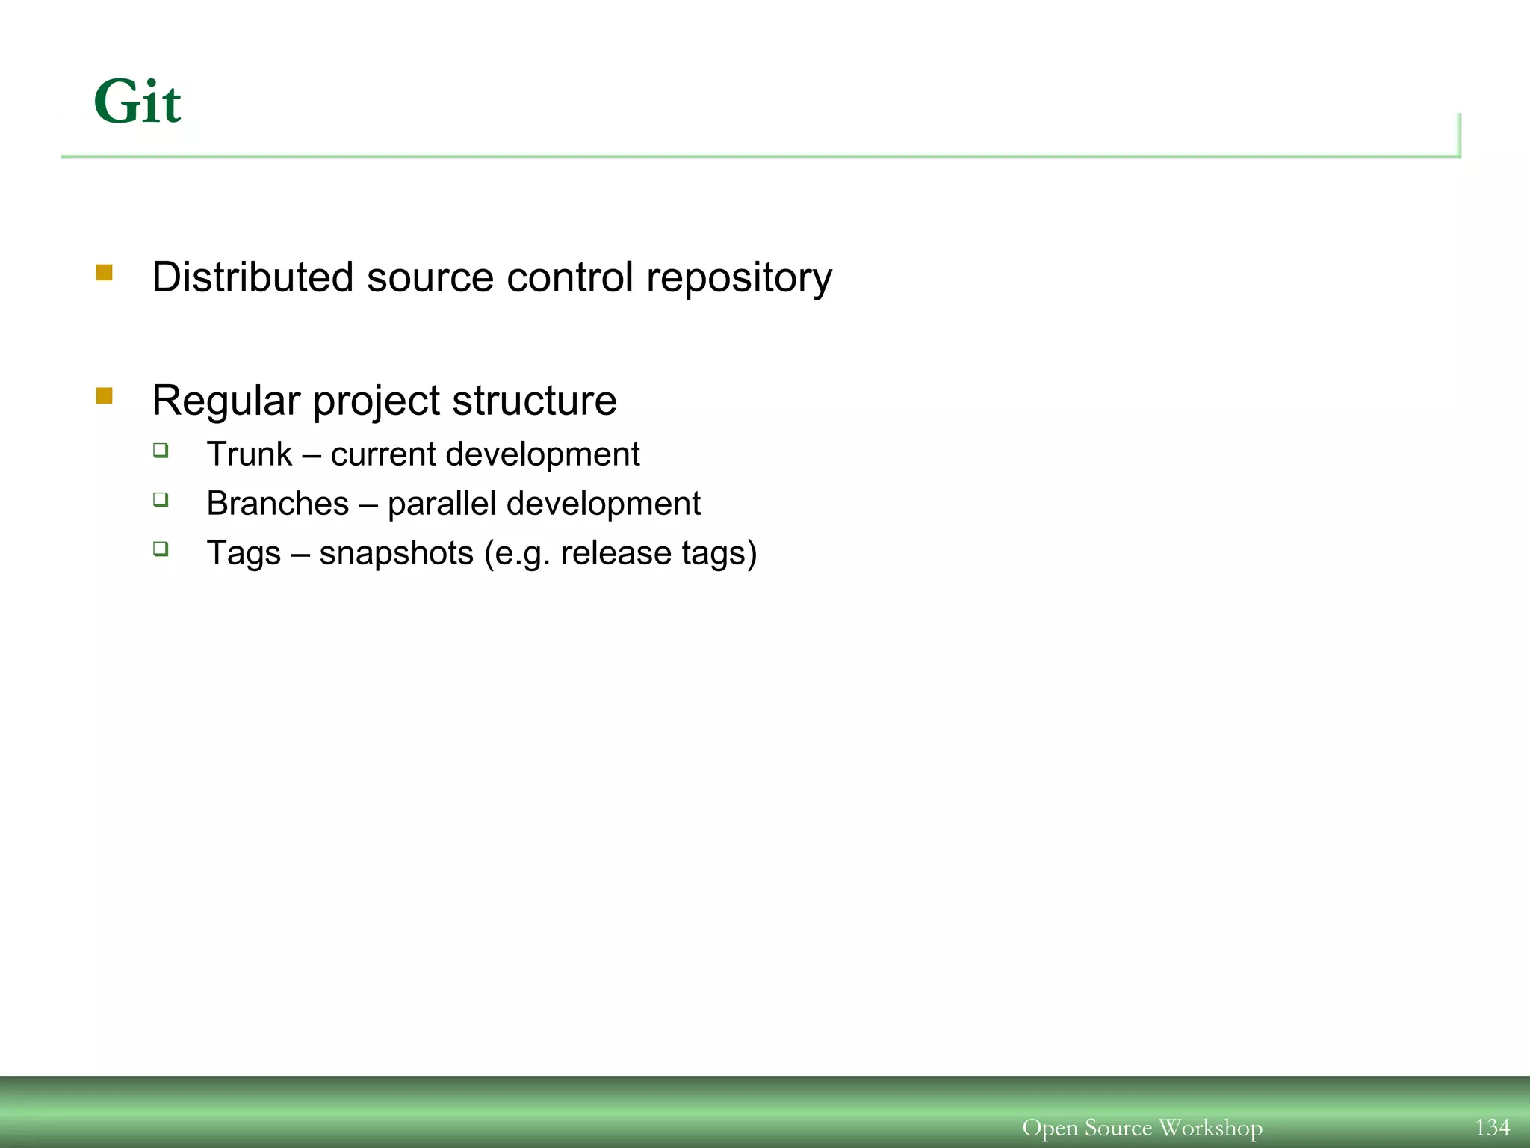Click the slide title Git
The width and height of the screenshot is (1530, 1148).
pyautogui.click(x=137, y=102)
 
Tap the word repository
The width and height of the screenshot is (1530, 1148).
pyautogui.click(x=739, y=279)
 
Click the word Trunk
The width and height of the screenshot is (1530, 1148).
pyautogui.click(x=250, y=454)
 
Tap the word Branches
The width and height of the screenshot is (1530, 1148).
pyautogui.click(x=278, y=504)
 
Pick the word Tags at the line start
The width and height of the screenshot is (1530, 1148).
pyautogui.click(x=244, y=553)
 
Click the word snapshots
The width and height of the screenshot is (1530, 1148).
pyautogui.click(x=396, y=554)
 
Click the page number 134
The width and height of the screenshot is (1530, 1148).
pyautogui.click(x=1492, y=1127)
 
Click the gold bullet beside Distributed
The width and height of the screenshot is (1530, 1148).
pyautogui.click(x=105, y=272)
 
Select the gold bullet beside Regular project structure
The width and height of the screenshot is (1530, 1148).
pyautogui.click(x=105, y=395)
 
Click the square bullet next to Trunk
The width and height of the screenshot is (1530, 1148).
pyautogui.click(x=161, y=450)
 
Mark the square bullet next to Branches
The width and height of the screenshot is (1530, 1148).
pyautogui.click(x=161, y=499)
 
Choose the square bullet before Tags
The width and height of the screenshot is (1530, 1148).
pyautogui.click(x=161, y=549)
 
